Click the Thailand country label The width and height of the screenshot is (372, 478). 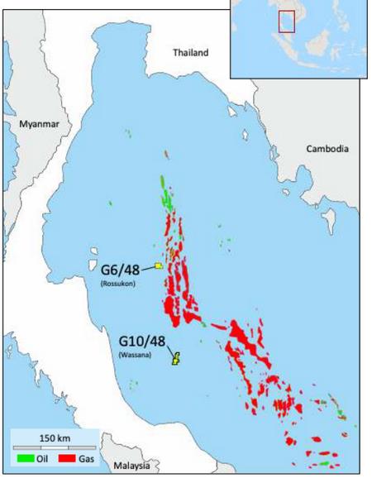pyautogui.click(x=190, y=53)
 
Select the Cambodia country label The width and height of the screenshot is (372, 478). pyautogui.click(x=327, y=149)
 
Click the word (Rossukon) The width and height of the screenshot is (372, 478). pyautogui.click(x=117, y=284)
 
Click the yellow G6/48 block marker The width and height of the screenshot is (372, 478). pyautogui.click(x=157, y=265)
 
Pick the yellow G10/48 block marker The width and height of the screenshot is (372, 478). pyautogui.click(x=175, y=357)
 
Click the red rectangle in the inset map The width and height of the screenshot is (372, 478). pyautogui.click(x=286, y=21)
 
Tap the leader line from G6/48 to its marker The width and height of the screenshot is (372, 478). pyautogui.click(x=147, y=266)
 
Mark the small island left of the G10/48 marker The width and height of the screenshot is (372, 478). pyautogui.click(x=132, y=383)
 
